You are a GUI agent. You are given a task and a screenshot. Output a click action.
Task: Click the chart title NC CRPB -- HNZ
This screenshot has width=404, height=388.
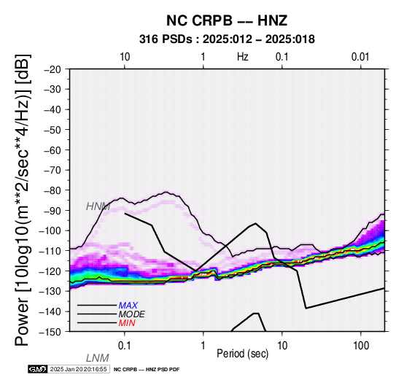pos(227,20)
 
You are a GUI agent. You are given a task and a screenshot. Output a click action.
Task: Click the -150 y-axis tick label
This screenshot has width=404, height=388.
pos(51,332)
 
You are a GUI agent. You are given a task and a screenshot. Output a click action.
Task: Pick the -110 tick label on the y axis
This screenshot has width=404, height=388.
pos(51,251)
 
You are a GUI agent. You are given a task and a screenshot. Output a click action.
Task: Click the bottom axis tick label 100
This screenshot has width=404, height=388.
pos(361,346)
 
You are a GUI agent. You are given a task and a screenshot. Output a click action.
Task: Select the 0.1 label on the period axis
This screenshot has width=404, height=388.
pos(125,346)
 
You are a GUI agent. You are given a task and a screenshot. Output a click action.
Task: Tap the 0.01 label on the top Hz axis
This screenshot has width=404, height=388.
pos(360,57)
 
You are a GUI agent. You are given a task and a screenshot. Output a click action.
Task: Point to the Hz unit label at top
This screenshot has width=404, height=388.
pos(243,57)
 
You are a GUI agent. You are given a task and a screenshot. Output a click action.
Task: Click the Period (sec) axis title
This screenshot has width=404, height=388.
pos(242,354)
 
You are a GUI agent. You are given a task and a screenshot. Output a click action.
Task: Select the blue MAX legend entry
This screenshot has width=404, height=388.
pos(128,306)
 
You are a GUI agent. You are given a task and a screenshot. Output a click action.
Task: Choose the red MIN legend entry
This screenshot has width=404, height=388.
pos(127,323)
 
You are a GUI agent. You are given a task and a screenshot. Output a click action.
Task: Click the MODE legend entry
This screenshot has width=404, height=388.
pos(132,314)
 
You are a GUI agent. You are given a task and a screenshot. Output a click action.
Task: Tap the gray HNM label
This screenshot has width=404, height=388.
pos(98,206)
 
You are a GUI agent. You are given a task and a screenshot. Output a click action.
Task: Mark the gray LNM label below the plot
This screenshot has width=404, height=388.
pos(98,358)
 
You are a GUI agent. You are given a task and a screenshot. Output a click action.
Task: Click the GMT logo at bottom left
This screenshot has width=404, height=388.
pos(38,369)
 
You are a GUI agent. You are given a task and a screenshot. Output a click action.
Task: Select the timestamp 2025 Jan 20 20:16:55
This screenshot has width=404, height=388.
pos(78,369)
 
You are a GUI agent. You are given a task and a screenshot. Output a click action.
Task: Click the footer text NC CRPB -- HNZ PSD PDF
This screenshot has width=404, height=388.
pos(147,370)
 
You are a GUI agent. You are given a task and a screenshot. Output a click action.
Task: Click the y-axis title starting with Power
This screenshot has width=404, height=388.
pos(23,200)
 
